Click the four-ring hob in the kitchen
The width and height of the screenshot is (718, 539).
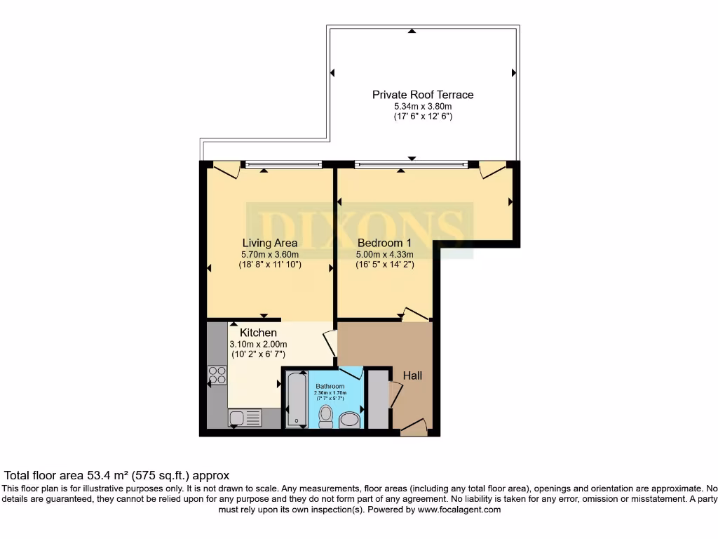point(217,375)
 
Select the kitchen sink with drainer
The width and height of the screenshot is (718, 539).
point(245,418)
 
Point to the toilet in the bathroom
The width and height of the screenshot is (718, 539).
point(325,415)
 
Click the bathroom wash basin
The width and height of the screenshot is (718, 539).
point(348,420)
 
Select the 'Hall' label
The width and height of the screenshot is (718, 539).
point(412,376)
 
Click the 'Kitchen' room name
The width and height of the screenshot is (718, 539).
point(258,333)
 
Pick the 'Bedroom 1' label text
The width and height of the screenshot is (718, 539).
point(384,243)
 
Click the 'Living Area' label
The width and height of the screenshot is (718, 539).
point(269,243)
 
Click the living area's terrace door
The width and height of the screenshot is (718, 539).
point(226,169)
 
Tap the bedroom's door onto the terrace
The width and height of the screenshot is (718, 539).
point(492,169)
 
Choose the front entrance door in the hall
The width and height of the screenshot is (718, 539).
point(413,427)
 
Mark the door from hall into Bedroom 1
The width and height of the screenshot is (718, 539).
point(415,316)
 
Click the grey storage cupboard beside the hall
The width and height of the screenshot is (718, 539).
point(378,399)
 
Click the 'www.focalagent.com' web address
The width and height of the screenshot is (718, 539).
point(459,510)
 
